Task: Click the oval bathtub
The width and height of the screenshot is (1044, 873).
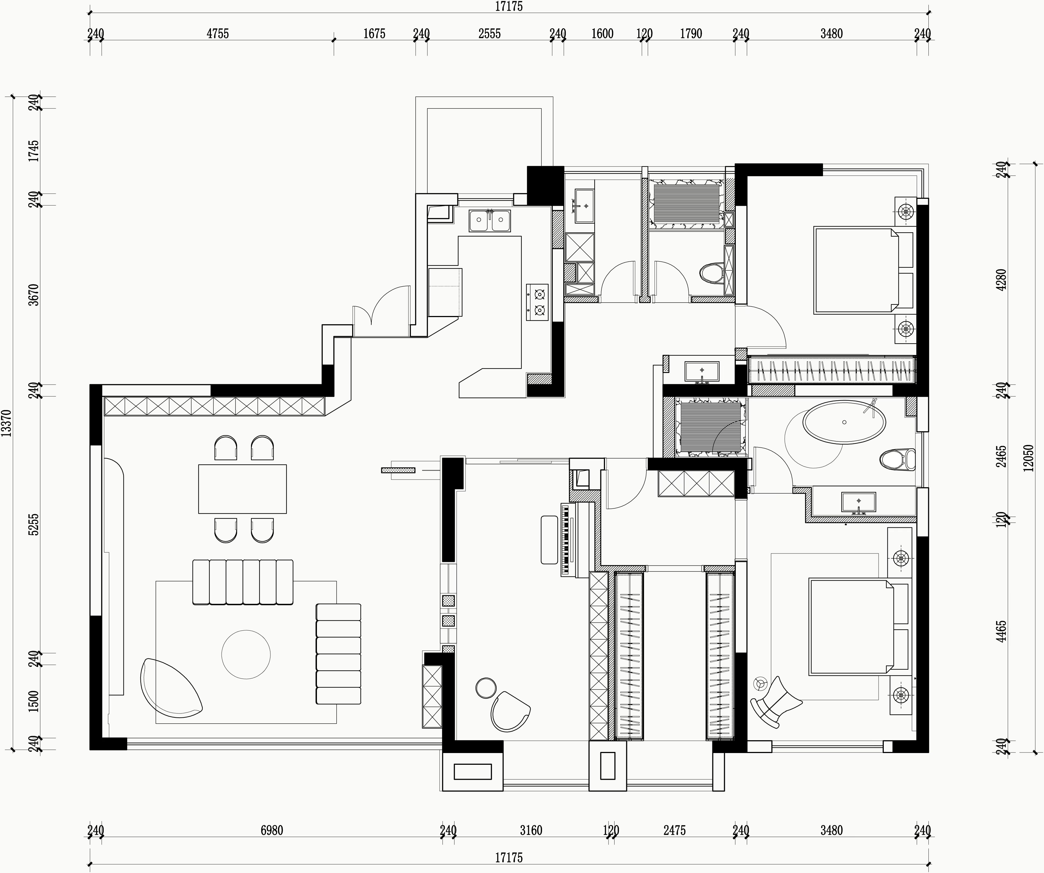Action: pos(844,422)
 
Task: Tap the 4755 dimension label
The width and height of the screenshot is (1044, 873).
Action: pos(218,34)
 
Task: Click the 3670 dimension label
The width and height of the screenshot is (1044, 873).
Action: pos(33,295)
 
